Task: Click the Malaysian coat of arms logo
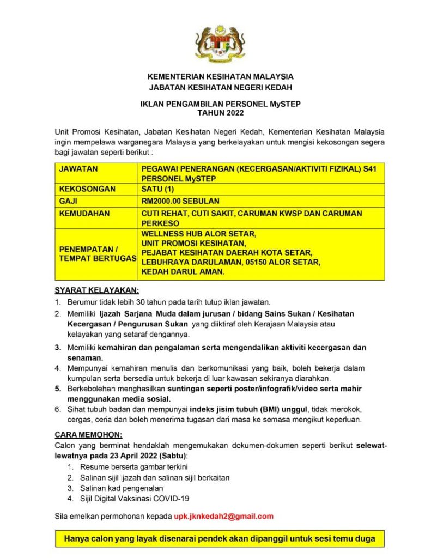[220, 44]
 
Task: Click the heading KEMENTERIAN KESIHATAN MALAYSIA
[220, 77]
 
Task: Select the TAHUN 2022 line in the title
[220, 113]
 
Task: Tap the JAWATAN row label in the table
[78, 169]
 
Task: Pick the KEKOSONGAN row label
[87, 189]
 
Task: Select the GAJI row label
[68, 201]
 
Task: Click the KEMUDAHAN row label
[84, 214]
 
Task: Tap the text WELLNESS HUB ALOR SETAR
[198, 234]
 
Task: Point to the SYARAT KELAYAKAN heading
[96, 290]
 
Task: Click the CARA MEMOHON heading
[88, 434]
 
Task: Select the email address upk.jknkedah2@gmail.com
[223, 516]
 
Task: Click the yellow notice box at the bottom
[220, 538]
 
